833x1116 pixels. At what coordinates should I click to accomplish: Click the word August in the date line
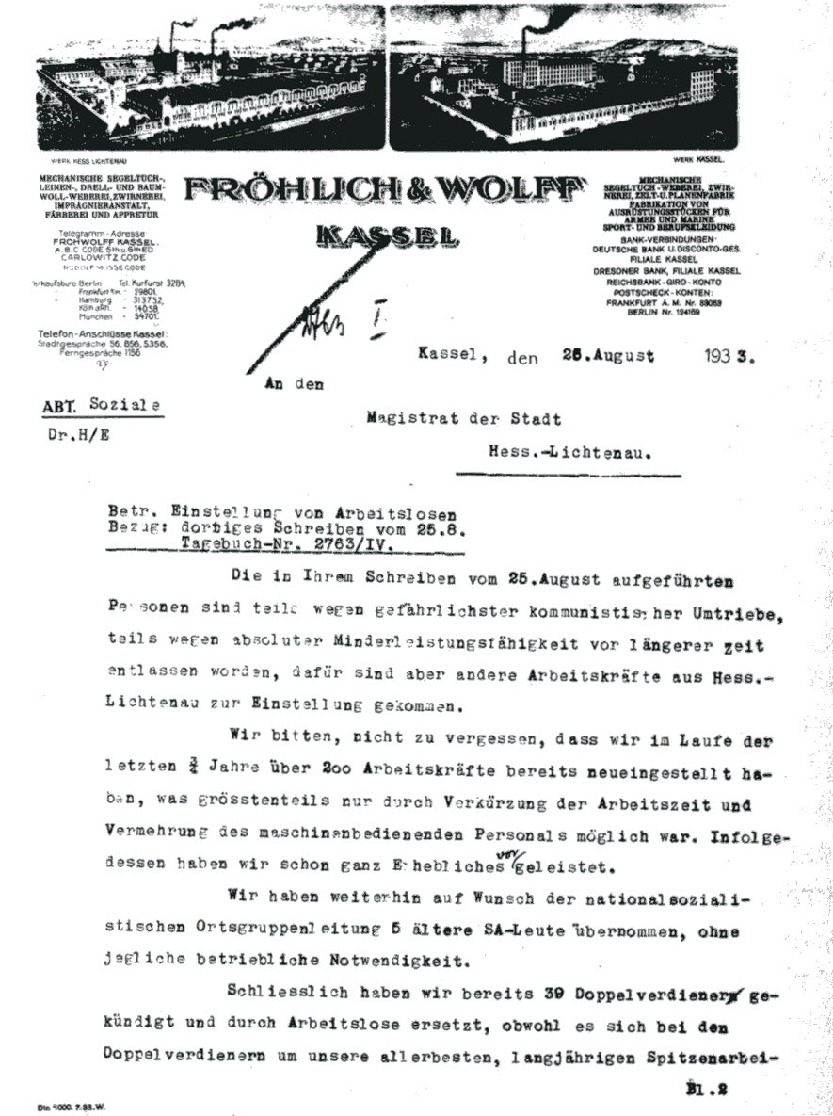click(x=612, y=357)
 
